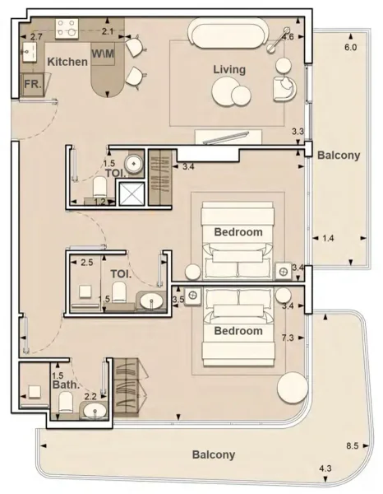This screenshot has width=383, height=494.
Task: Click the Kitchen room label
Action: click(67, 62)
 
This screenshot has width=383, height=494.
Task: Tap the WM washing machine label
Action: click(103, 54)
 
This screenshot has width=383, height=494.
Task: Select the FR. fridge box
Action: click(34, 85)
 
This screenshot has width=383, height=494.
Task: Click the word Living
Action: click(229, 69)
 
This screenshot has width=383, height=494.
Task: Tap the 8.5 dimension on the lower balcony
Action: click(352, 446)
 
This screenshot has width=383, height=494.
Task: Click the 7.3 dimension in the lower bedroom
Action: click(288, 338)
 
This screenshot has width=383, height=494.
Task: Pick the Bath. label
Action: click(65, 384)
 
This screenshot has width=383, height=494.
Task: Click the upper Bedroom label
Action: click(238, 232)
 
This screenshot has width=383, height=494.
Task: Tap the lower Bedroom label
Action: click(238, 331)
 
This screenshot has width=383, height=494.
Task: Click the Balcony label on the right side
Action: click(339, 155)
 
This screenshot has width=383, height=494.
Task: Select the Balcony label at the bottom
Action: click(214, 454)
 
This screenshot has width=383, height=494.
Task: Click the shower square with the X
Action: click(132, 193)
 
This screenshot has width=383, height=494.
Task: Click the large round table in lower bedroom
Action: click(292, 387)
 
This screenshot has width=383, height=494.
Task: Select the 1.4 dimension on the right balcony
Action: click(327, 239)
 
